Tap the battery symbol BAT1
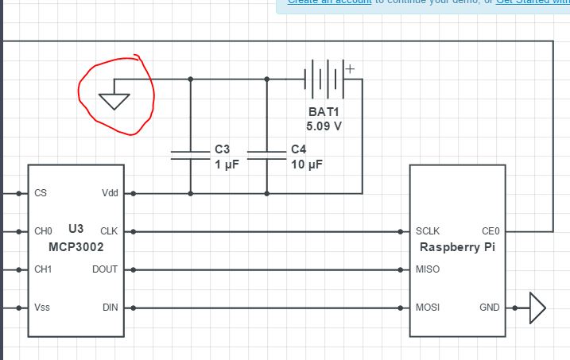click(x=325, y=79)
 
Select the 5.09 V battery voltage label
click(x=324, y=126)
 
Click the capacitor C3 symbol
click(x=190, y=155)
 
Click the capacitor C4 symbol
click(x=266, y=155)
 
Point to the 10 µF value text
click(x=306, y=165)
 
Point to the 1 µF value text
click(x=227, y=165)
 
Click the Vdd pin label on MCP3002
click(x=110, y=193)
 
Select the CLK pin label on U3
click(x=110, y=231)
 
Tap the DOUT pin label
click(x=106, y=269)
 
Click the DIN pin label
click(x=110, y=308)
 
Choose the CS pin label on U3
click(x=41, y=193)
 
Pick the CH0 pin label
click(x=43, y=231)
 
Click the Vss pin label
click(x=42, y=308)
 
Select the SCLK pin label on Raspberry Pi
click(x=428, y=231)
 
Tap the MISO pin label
click(x=428, y=269)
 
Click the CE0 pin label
click(x=491, y=231)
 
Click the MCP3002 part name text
click(x=76, y=247)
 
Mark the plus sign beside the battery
click(x=349, y=68)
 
